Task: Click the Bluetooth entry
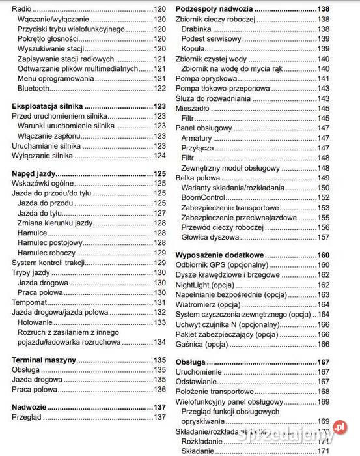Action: coord(34,88)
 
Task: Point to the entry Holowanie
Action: coord(36,322)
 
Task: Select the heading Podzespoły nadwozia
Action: coord(214,10)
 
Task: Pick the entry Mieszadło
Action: coord(194,107)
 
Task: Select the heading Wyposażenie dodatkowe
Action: coord(221,255)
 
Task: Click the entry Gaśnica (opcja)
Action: coord(201,344)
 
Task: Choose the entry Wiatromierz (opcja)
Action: coord(209,304)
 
